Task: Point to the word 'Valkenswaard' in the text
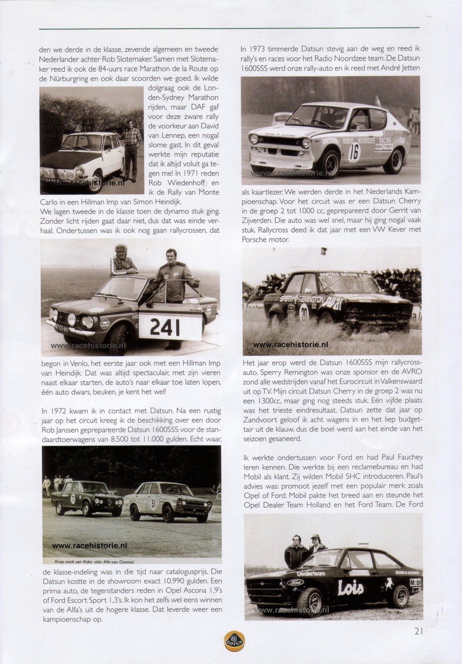[399, 381]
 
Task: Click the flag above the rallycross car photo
[325, 254]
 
